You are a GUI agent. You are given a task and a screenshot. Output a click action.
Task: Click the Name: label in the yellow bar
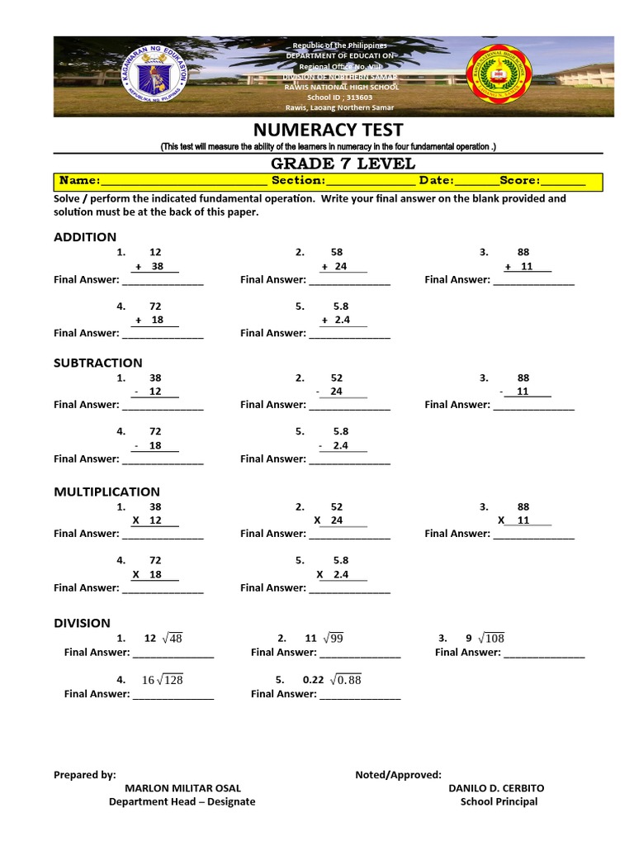(79, 180)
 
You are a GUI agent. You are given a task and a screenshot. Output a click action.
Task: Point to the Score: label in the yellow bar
(519, 180)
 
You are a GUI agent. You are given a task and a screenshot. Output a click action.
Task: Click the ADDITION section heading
(86, 237)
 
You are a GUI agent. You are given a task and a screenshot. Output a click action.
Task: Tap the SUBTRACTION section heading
(97, 362)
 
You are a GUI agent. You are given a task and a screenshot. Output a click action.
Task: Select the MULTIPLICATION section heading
(106, 492)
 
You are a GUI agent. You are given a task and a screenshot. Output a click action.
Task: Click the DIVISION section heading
(82, 623)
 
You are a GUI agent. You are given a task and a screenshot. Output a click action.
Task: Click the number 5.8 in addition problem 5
(340, 306)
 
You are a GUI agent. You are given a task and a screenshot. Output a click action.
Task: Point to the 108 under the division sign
(494, 638)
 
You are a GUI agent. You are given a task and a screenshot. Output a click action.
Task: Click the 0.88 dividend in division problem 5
(350, 680)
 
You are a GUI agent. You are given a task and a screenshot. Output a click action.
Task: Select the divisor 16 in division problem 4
(149, 680)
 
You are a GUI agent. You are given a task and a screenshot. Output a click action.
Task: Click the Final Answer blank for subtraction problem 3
(532, 405)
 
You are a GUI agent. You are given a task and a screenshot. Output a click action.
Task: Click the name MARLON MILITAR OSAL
(182, 788)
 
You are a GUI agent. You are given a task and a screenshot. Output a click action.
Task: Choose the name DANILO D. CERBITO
(496, 788)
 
